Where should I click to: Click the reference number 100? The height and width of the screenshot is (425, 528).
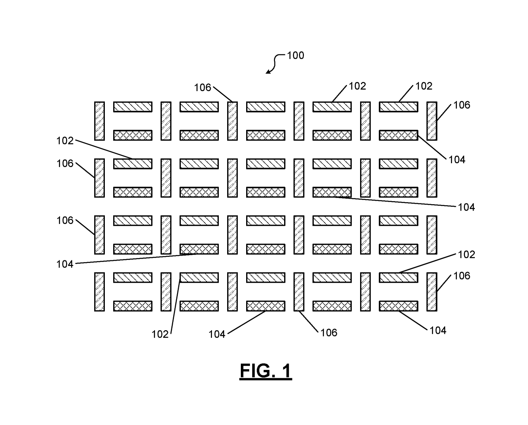(295, 55)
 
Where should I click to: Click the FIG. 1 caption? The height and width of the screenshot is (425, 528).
(266, 371)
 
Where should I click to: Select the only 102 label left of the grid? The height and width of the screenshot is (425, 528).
(65, 141)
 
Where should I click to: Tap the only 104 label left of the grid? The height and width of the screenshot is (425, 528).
(65, 264)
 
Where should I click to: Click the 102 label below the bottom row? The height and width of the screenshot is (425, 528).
(160, 334)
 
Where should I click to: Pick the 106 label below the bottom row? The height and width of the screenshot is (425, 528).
(329, 332)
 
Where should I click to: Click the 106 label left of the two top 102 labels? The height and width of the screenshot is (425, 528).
(202, 88)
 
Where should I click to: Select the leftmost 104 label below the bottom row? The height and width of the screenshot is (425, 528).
(217, 334)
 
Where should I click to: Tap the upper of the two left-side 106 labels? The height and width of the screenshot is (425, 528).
(65, 164)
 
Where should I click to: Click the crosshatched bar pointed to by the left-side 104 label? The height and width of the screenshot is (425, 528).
(199, 249)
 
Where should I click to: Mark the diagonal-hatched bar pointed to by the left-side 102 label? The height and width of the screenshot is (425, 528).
(133, 164)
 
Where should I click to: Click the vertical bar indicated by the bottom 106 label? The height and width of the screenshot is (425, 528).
(299, 291)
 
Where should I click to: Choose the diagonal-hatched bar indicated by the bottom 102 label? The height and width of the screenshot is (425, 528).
(199, 277)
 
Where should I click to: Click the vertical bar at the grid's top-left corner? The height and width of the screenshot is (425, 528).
(100, 121)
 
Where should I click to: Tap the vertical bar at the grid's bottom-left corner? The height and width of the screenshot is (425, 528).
(100, 291)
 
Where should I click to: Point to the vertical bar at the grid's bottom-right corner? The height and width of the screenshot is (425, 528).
(432, 291)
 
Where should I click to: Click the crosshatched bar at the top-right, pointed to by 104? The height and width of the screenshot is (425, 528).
(398, 135)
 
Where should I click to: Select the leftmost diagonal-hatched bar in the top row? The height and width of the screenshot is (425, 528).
(133, 107)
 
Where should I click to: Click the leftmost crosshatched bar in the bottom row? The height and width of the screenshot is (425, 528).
(133, 306)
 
